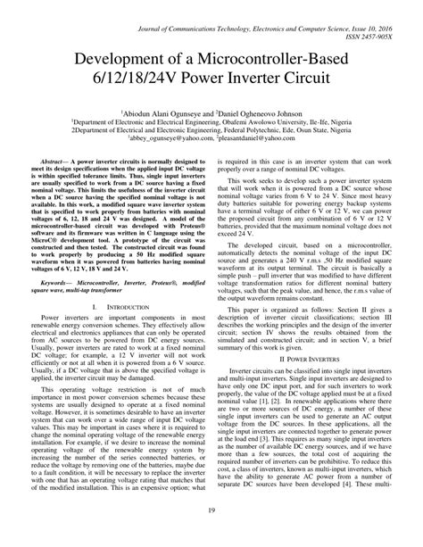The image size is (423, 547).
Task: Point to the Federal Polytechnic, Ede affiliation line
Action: pos(211,130)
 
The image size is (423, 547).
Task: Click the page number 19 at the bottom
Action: pos(211,535)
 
